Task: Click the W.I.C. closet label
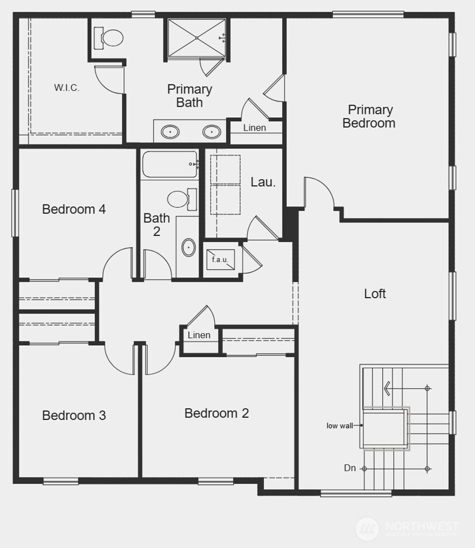[x=67, y=88]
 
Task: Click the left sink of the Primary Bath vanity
[x=170, y=132]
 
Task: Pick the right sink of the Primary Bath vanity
[x=212, y=132]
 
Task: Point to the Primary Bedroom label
[x=369, y=116]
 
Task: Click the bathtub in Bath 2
[x=169, y=164]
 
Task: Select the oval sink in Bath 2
[x=188, y=248]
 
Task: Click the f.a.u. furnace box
[x=221, y=260]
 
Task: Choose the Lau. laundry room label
[x=263, y=182]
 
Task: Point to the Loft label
[x=375, y=293]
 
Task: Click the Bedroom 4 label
[x=74, y=209]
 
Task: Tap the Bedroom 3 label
[x=74, y=415]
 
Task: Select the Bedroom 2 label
[x=217, y=413]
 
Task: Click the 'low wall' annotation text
[x=340, y=426]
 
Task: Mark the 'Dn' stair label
[x=350, y=468]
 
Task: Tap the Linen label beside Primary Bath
[x=255, y=127]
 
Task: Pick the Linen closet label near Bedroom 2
[x=199, y=335]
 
